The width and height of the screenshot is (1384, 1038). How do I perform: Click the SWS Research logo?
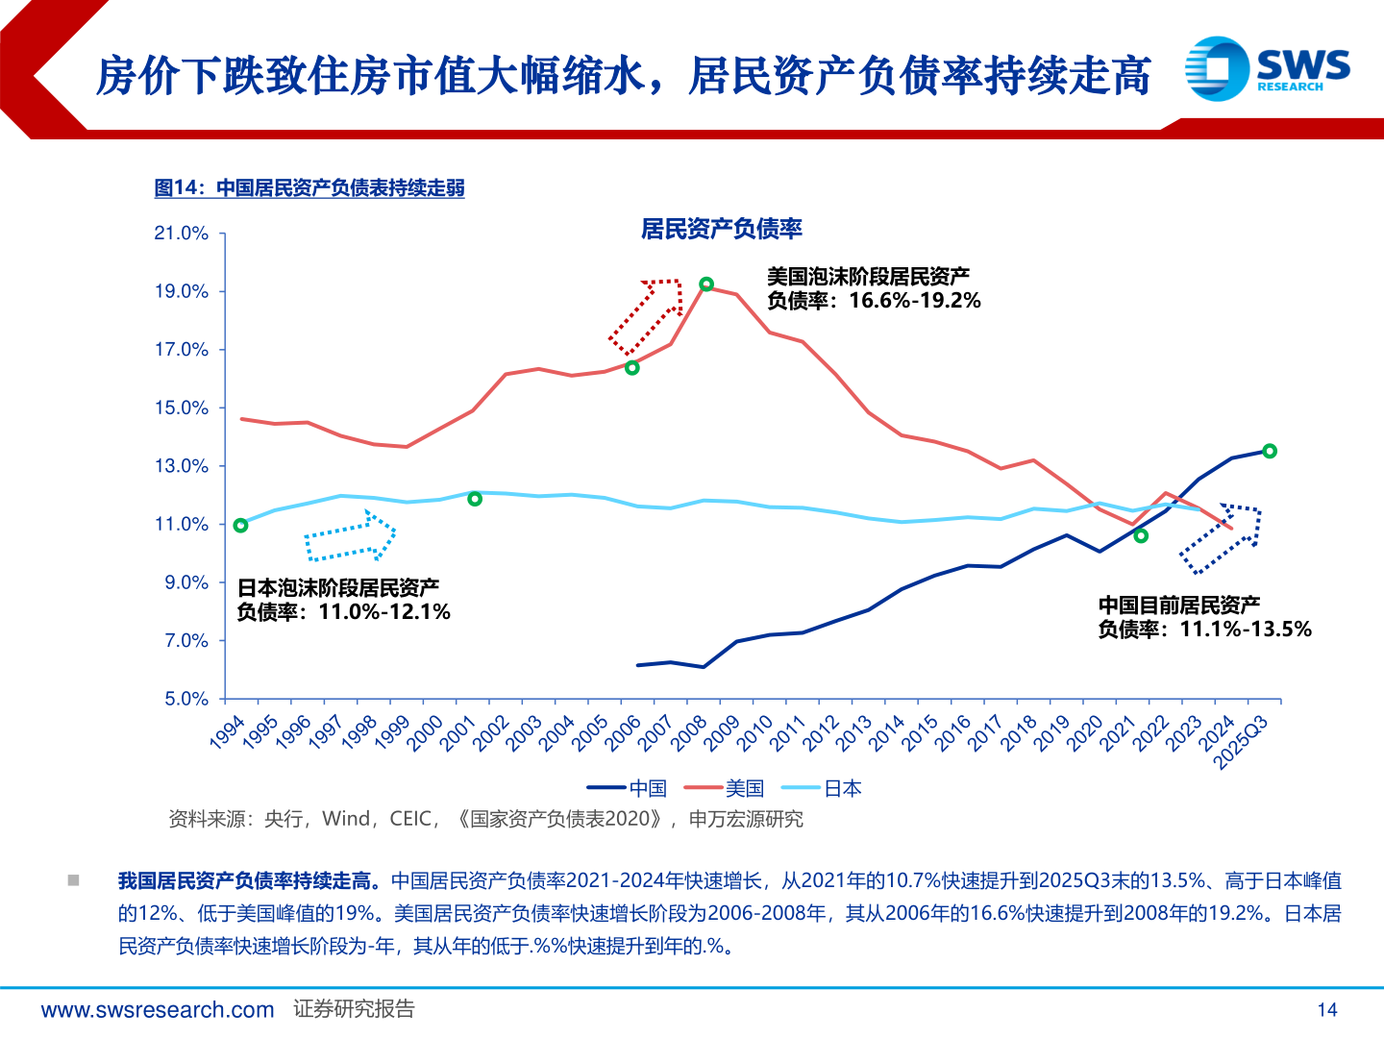(1267, 68)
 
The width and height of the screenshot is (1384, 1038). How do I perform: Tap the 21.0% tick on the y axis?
(182, 234)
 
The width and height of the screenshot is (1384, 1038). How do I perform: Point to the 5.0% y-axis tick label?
(185, 699)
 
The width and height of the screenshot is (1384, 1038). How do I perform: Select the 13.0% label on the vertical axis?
(182, 466)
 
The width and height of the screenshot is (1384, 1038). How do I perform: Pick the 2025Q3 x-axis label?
(1243, 741)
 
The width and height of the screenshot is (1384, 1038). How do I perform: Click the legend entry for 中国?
(627, 788)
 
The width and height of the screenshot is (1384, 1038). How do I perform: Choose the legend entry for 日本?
(822, 788)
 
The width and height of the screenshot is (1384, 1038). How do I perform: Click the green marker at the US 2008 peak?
(706, 284)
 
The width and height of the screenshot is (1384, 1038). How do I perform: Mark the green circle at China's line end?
(1269, 451)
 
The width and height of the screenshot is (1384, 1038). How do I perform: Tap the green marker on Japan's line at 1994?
(240, 525)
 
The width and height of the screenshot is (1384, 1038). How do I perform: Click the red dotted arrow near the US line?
(647, 314)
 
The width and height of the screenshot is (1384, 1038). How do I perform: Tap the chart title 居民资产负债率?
(721, 229)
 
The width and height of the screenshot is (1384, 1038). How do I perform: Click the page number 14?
(1326, 1009)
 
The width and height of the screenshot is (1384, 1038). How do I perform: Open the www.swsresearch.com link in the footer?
(158, 1009)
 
